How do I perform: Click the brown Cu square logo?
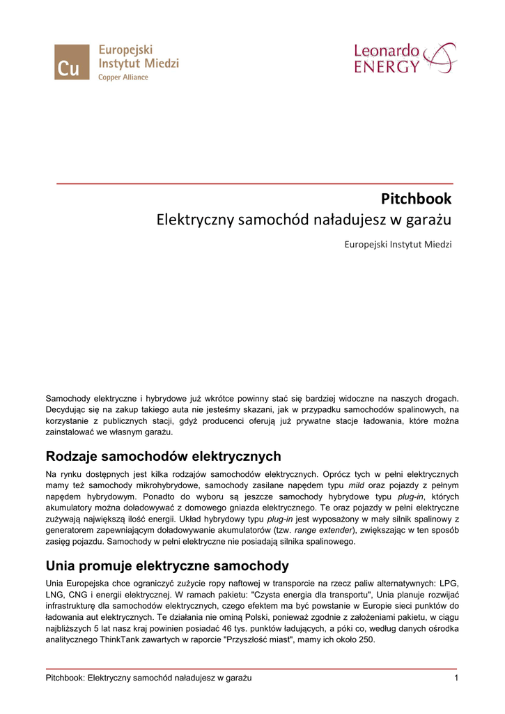[72, 62]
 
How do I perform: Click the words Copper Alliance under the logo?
[123, 77]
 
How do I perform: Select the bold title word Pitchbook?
[417, 199]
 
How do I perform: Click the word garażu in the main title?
[428, 220]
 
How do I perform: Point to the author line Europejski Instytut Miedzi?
[398, 245]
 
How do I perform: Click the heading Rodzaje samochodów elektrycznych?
[163, 457]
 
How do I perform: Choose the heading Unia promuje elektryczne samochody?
[167, 565]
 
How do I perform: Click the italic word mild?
[357, 485]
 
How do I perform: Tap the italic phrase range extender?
[324, 530]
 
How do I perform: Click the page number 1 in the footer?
[456, 678]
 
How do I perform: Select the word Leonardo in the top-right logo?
[387, 51]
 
